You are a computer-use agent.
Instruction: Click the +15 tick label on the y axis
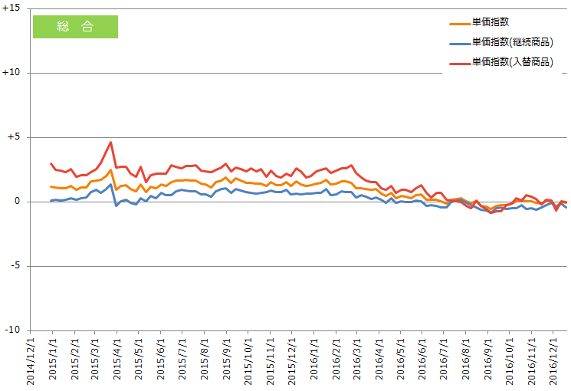coord(11,8)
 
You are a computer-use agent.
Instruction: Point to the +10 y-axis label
coord(11,72)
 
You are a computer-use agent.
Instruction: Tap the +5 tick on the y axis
coord(14,136)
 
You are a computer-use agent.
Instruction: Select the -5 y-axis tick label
coord(15,265)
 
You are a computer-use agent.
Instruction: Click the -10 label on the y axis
coord(12,330)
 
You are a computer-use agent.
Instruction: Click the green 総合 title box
coord(75,27)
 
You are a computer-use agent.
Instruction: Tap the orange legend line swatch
coord(460,24)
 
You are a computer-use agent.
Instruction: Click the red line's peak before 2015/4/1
coord(110,142)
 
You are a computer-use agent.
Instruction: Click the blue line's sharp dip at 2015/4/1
coord(116,206)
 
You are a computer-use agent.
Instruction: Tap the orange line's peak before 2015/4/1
coord(110,169)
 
